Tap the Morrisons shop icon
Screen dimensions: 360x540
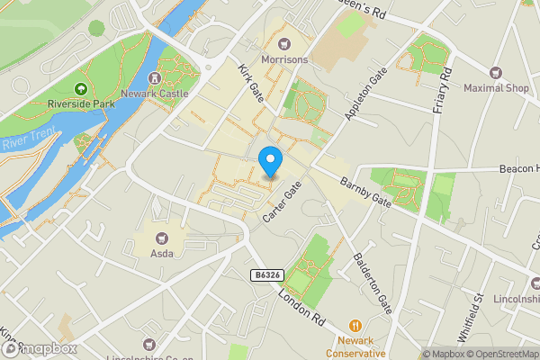[284, 43]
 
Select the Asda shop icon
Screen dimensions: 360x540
[163, 238]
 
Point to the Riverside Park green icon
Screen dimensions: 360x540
[80, 88]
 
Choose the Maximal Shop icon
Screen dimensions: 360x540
[495, 72]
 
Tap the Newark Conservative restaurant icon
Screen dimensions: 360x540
[355, 325]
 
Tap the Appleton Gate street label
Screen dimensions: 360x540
[369, 94]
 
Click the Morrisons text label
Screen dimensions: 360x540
[284, 60]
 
